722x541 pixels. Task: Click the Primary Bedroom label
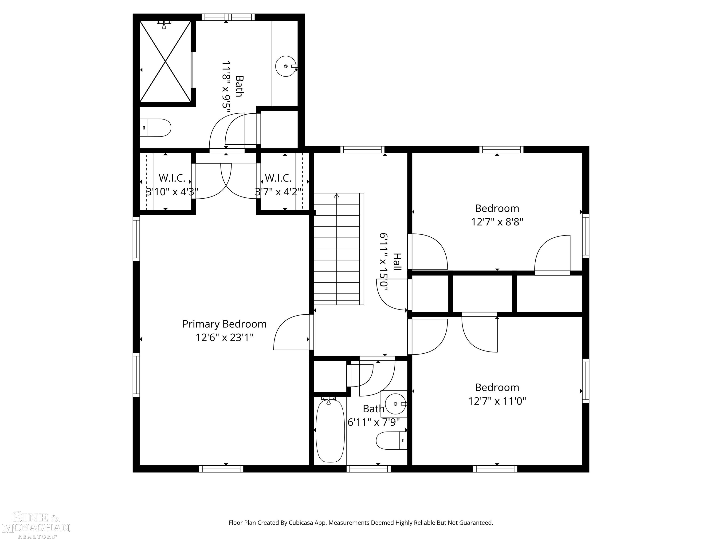[224, 324]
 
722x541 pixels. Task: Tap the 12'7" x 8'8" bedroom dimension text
[497, 222]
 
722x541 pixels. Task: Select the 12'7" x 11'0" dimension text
[497, 401]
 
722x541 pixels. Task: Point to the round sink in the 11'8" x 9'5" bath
[286, 66]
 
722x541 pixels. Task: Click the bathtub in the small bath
[330, 430]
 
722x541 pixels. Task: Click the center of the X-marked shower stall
[165, 61]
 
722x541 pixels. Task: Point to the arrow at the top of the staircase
[337, 196]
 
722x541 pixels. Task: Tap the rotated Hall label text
[397, 262]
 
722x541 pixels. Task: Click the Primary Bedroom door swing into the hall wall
[291, 333]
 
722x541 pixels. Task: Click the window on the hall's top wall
[362, 150]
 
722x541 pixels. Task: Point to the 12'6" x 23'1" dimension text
[224, 337]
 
